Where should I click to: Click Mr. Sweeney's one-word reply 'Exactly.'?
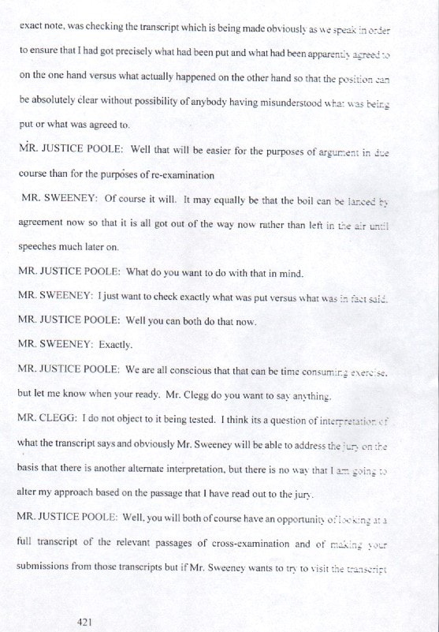click(120, 346)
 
